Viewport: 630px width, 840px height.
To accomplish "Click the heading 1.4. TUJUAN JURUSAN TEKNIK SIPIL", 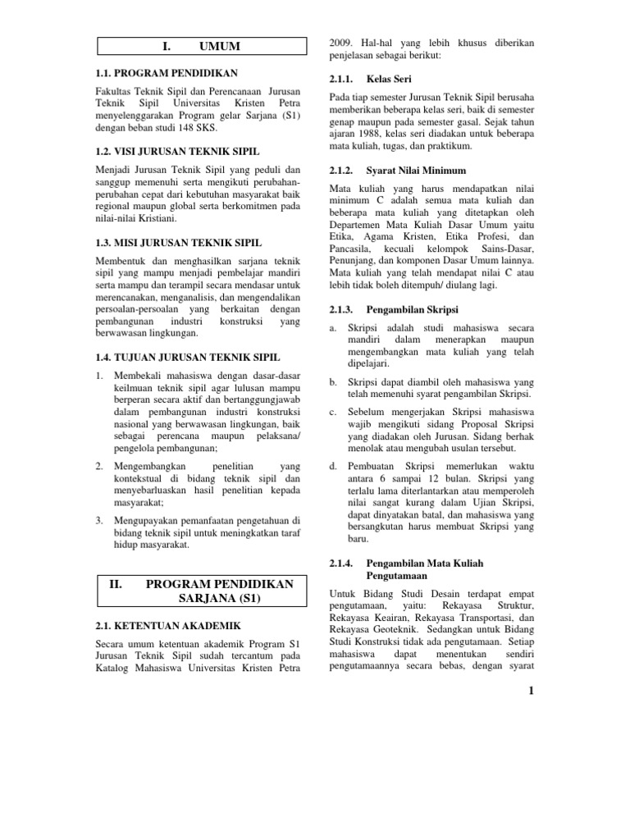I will (187, 358).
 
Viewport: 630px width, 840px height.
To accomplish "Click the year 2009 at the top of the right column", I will (341, 41).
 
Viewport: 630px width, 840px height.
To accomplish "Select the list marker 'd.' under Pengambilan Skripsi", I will (333, 467).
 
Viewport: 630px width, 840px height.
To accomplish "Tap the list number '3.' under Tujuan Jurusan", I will (99, 520).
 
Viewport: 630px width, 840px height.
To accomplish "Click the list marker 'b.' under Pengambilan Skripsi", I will (333, 381).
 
